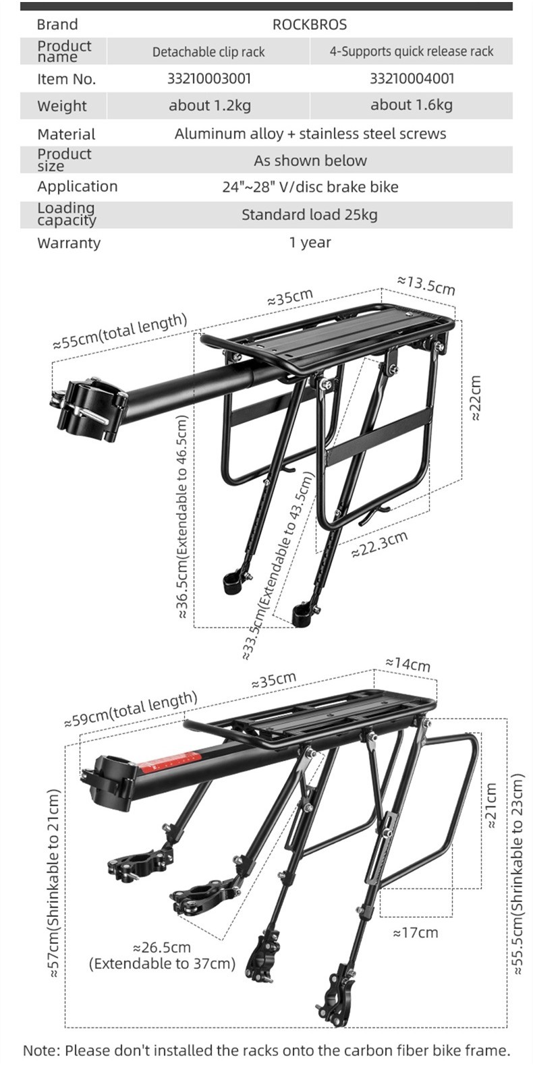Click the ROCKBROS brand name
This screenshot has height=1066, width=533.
point(309,25)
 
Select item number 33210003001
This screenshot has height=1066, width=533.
point(208,79)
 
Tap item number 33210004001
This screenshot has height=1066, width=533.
point(412,79)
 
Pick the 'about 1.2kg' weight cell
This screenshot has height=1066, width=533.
point(209,105)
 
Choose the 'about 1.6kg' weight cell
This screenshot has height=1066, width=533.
point(411,105)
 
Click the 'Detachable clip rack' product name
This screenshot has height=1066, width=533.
point(208,52)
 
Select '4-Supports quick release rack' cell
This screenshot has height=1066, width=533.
point(411,52)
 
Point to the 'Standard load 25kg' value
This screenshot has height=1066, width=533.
point(310,215)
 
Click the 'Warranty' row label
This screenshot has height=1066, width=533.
point(69,243)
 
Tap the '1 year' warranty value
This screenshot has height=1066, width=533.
point(310,242)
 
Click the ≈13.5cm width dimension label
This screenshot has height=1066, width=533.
point(426,285)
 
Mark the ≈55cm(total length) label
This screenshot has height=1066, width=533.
point(119,331)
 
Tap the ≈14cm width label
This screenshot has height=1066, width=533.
point(408,663)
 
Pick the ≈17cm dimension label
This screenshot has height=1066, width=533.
point(415,933)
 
